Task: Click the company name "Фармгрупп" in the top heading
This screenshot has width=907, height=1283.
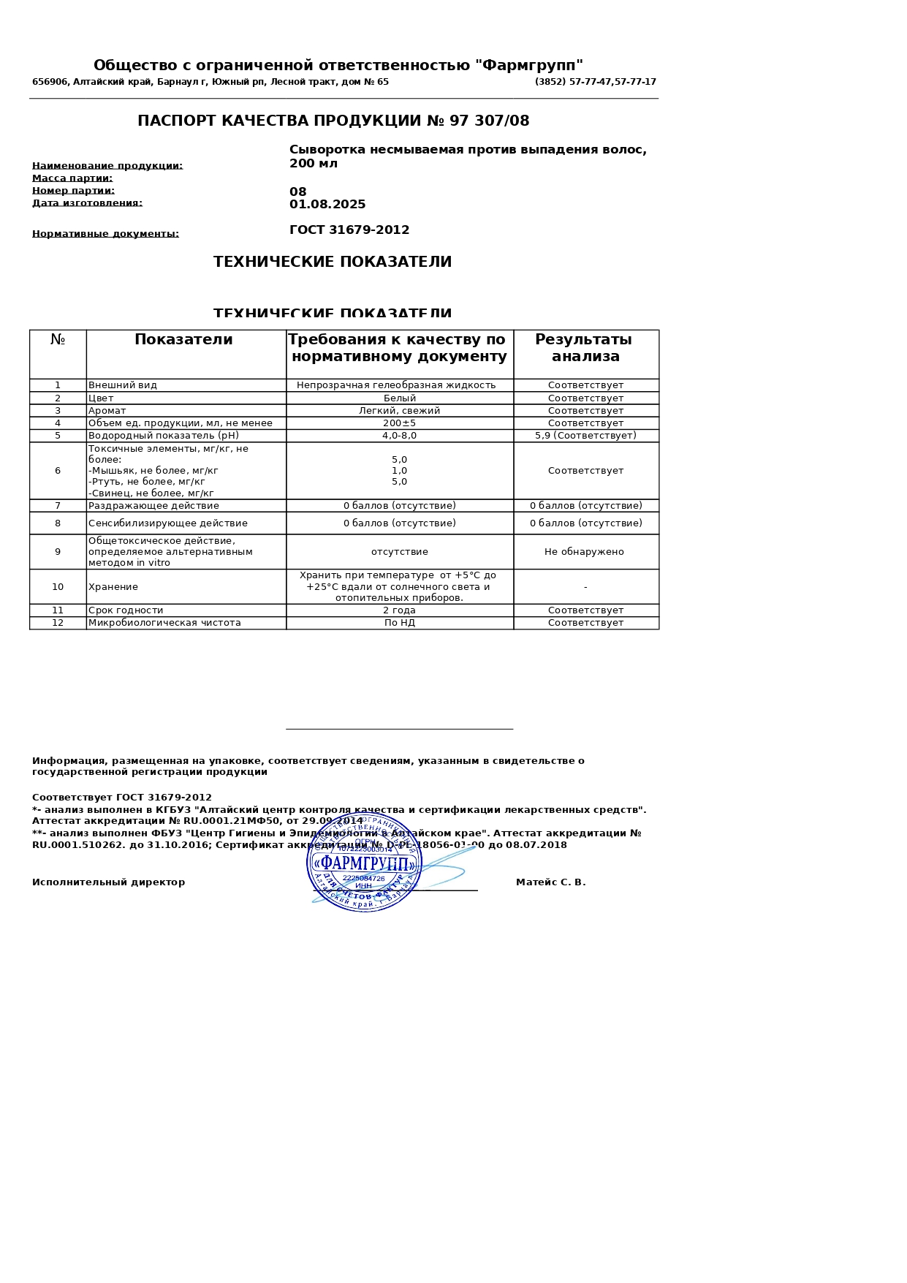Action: (529, 66)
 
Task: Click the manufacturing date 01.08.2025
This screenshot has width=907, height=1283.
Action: (327, 205)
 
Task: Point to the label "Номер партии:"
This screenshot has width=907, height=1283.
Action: (73, 191)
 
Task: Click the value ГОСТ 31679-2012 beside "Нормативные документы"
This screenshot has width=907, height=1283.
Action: (349, 230)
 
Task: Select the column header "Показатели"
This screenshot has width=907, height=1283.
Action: (183, 340)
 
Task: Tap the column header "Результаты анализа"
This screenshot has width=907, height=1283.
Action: (585, 348)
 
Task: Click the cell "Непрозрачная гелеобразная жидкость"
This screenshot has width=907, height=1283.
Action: (396, 385)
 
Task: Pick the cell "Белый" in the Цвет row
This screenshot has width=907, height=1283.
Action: (400, 398)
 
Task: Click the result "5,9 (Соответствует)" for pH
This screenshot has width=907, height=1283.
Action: (585, 436)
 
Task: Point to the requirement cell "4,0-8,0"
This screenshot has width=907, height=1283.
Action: (399, 436)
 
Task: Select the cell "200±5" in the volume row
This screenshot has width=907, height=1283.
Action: (399, 423)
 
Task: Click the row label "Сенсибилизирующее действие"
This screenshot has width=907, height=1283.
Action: (167, 523)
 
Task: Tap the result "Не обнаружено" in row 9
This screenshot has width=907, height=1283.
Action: (584, 552)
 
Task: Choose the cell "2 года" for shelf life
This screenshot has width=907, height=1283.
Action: (399, 610)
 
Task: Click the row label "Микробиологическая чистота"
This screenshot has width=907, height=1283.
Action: (164, 623)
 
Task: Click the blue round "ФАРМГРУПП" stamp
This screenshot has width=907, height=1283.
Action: (364, 863)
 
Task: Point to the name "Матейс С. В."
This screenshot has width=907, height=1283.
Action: (550, 882)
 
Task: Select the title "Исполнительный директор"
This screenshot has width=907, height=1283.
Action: (108, 882)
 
